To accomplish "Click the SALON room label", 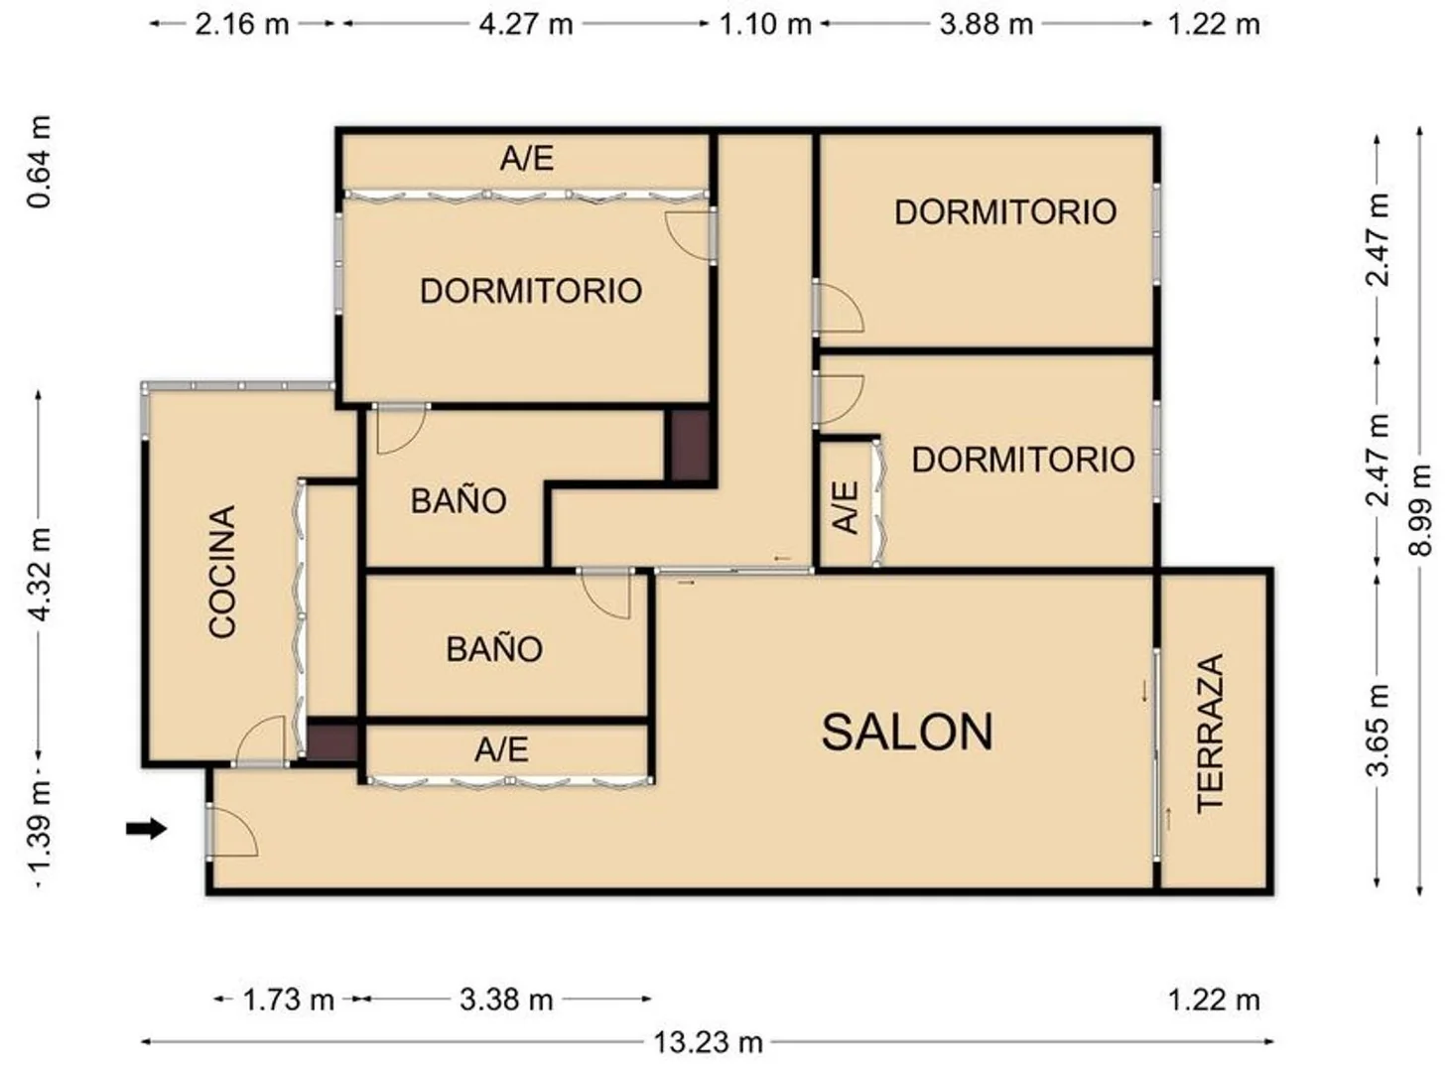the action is click(907, 733).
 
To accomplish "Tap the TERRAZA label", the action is click(1210, 734).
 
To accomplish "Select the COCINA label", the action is click(222, 571).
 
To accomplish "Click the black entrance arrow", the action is click(146, 829).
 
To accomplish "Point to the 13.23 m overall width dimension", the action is click(709, 1042).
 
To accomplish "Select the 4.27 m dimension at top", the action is click(526, 24).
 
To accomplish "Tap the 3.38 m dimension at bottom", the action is click(506, 1000).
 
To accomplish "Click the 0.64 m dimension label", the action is click(40, 162).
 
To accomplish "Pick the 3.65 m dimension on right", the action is click(1378, 731).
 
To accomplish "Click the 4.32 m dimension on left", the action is click(40, 575).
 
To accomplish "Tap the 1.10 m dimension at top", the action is click(765, 24).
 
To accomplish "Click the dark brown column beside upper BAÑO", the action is click(689, 446).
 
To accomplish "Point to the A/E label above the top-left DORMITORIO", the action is click(527, 159).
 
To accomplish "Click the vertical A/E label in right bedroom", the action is click(846, 508).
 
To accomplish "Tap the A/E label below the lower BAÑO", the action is click(501, 750).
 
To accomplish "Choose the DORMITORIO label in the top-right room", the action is click(1005, 212).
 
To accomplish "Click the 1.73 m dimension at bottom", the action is click(288, 1000).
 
